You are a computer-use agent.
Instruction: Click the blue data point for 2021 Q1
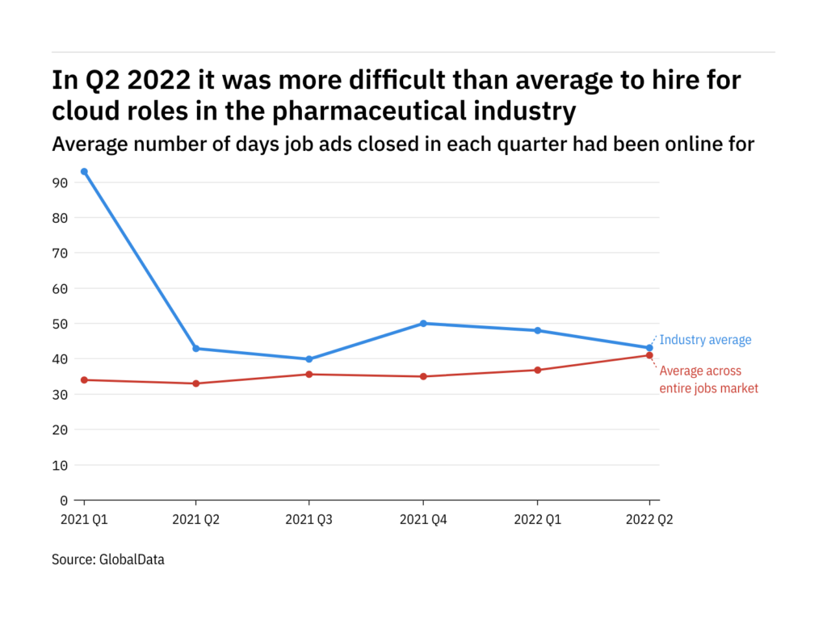point(84,172)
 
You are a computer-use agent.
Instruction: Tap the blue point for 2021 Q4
point(423,324)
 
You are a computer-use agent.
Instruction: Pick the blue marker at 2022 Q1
point(537,330)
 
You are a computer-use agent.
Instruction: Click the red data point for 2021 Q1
point(84,379)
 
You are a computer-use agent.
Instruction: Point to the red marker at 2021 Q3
point(310,374)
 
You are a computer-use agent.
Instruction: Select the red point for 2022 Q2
point(649,355)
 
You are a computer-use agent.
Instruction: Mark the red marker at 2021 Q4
point(423,376)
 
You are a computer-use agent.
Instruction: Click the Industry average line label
point(705,340)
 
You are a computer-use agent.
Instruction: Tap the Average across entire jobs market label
point(709,379)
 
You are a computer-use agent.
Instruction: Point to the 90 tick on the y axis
point(59,182)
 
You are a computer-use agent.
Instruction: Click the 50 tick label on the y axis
point(59,324)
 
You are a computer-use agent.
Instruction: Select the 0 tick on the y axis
point(63,501)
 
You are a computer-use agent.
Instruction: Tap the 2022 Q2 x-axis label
point(649,521)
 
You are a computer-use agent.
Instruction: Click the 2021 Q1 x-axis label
point(84,521)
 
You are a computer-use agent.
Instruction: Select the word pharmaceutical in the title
point(380,111)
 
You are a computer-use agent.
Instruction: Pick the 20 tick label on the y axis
point(59,429)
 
